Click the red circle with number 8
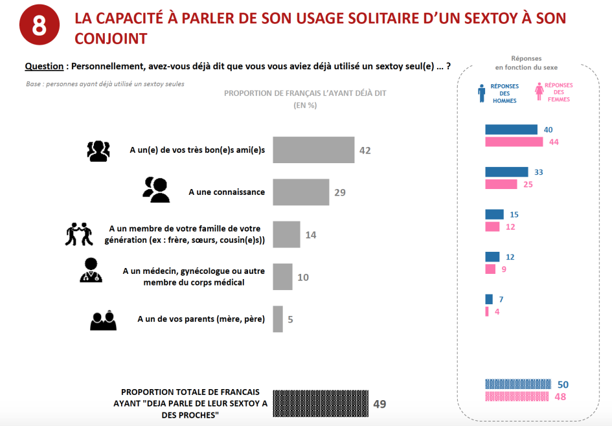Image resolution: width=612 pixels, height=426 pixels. click(x=40, y=27)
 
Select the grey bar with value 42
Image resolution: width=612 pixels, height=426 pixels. click(x=313, y=150)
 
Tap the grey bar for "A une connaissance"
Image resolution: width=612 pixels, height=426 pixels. click(x=301, y=192)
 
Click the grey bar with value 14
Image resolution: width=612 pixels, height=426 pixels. click(x=286, y=234)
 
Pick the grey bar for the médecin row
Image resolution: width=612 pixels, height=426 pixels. click(x=283, y=277)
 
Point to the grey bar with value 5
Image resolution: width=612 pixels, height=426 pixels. click(x=278, y=319)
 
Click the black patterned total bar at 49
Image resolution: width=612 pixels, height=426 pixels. click(x=321, y=404)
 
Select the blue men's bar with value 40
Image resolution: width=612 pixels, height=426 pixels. click(x=511, y=129)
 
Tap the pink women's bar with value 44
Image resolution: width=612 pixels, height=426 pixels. click(x=514, y=142)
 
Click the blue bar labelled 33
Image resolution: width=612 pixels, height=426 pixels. click(x=506, y=172)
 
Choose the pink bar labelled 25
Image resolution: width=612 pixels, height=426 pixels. click(x=501, y=185)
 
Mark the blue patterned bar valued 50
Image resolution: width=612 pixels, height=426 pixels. click(x=517, y=384)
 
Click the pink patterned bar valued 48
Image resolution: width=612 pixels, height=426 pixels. click(x=516, y=396)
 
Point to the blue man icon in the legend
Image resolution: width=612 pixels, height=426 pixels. click(x=481, y=93)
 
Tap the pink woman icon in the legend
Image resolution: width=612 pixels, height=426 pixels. click(x=538, y=93)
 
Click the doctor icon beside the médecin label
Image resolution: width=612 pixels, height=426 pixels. click(x=91, y=271)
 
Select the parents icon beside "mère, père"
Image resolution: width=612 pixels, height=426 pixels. click(x=103, y=320)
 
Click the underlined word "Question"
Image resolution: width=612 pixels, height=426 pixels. click(x=44, y=66)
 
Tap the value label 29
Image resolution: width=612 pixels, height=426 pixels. click(x=340, y=192)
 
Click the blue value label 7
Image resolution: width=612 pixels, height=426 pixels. click(x=501, y=299)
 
